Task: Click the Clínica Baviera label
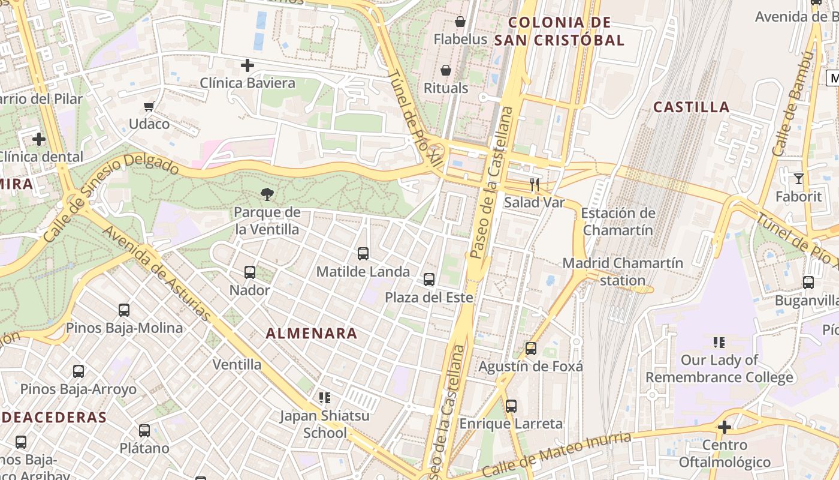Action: point(248,83)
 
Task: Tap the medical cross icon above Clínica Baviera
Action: point(248,65)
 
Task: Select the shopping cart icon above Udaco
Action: point(149,107)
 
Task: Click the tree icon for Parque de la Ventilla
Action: point(267,194)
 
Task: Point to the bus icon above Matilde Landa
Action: point(363,254)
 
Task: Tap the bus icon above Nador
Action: point(250,272)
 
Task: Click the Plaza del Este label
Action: point(428,298)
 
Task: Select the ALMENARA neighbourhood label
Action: point(312,334)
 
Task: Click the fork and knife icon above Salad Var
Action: point(535,185)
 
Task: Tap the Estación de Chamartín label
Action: point(618,221)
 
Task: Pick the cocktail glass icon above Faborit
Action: point(798,179)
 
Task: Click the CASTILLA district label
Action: point(691,107)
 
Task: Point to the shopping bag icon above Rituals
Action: point(446,71)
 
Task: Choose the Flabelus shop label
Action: point(460,40)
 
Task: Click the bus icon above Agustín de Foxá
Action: point(530,348)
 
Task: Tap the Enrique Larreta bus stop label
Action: point(511,424)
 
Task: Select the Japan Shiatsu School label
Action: point(325,424)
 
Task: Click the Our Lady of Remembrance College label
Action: point(719,368)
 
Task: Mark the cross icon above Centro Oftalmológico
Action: point(725,427)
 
